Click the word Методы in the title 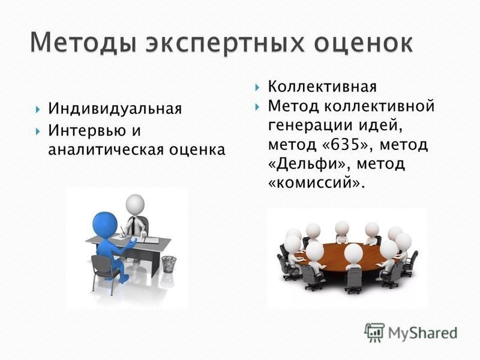click(83, 43)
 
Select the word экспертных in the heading click(226, 43)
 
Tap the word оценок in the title click(364, 43)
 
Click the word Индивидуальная click(115, 109)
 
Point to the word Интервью click(87, 130)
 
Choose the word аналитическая click(106, 150)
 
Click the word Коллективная click(322, 86)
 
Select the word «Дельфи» click(307, 164)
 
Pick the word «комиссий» click(314, 183)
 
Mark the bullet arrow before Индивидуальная click(38, 109)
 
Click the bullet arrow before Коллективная click(257, 87)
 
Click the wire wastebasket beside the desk click(169, 263)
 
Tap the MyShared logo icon click(374, 332)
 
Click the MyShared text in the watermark click(422, 333)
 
